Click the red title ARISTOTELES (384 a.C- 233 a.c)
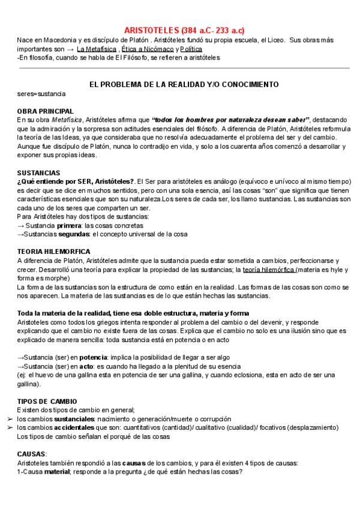pos(184,30)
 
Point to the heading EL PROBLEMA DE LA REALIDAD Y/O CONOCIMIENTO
pos(184,85)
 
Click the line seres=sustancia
pos(41,94)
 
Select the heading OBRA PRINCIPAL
pos(46,111)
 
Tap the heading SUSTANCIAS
pos(40,172)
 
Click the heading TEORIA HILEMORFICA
pos(54,251)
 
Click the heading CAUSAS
pos(31,454)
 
